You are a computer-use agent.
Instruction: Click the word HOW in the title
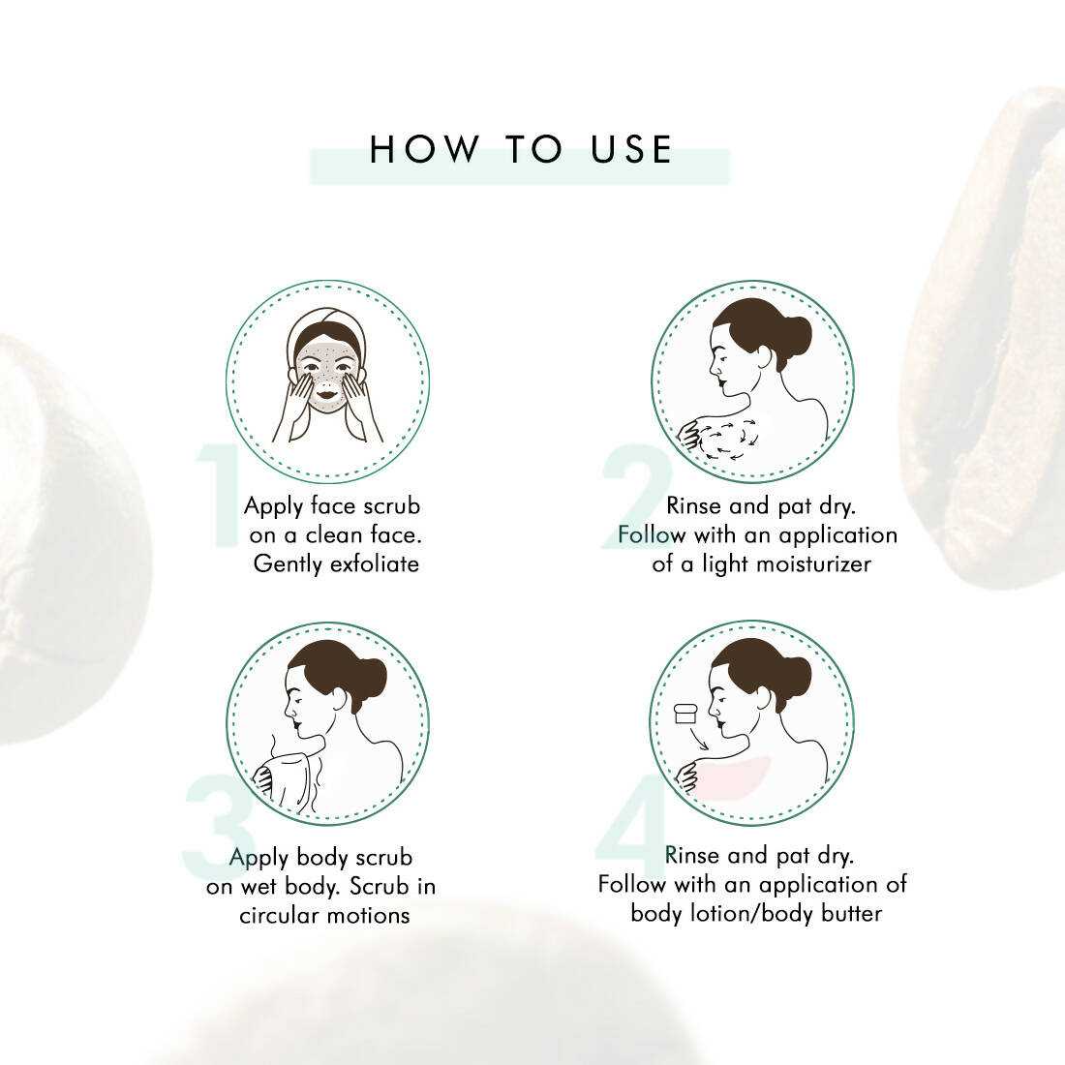424,149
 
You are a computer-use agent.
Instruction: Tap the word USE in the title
631,149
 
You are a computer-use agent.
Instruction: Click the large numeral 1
219,495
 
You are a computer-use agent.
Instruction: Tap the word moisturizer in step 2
813,563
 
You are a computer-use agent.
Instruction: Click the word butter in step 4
851,914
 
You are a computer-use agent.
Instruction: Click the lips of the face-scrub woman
326,391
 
